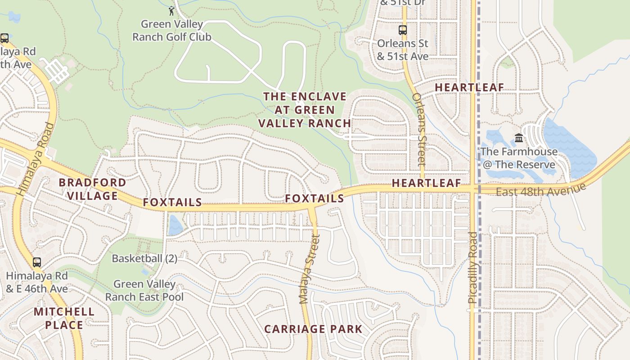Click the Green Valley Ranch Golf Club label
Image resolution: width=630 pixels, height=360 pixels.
172,31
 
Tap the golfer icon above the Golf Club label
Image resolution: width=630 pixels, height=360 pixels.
171,11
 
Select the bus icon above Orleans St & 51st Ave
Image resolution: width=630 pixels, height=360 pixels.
403,30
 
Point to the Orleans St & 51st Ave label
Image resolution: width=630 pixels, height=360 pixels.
403,50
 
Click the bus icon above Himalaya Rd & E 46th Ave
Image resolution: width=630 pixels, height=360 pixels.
37,262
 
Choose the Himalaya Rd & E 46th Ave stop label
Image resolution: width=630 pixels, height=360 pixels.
37,282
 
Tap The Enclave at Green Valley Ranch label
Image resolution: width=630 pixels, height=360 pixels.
305,110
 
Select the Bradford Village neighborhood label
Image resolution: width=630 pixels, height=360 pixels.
92,189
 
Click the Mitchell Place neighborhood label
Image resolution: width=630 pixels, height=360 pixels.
64,318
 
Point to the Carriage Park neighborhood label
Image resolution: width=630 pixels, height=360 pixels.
313,329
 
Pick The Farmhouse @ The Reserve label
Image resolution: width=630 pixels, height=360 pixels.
519,158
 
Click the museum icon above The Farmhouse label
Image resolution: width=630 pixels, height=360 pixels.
519,138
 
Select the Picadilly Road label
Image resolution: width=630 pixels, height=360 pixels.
472,267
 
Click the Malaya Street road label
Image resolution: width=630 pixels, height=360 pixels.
309,269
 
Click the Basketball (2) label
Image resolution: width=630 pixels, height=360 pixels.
144,259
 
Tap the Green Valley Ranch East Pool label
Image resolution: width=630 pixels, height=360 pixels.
144,290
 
